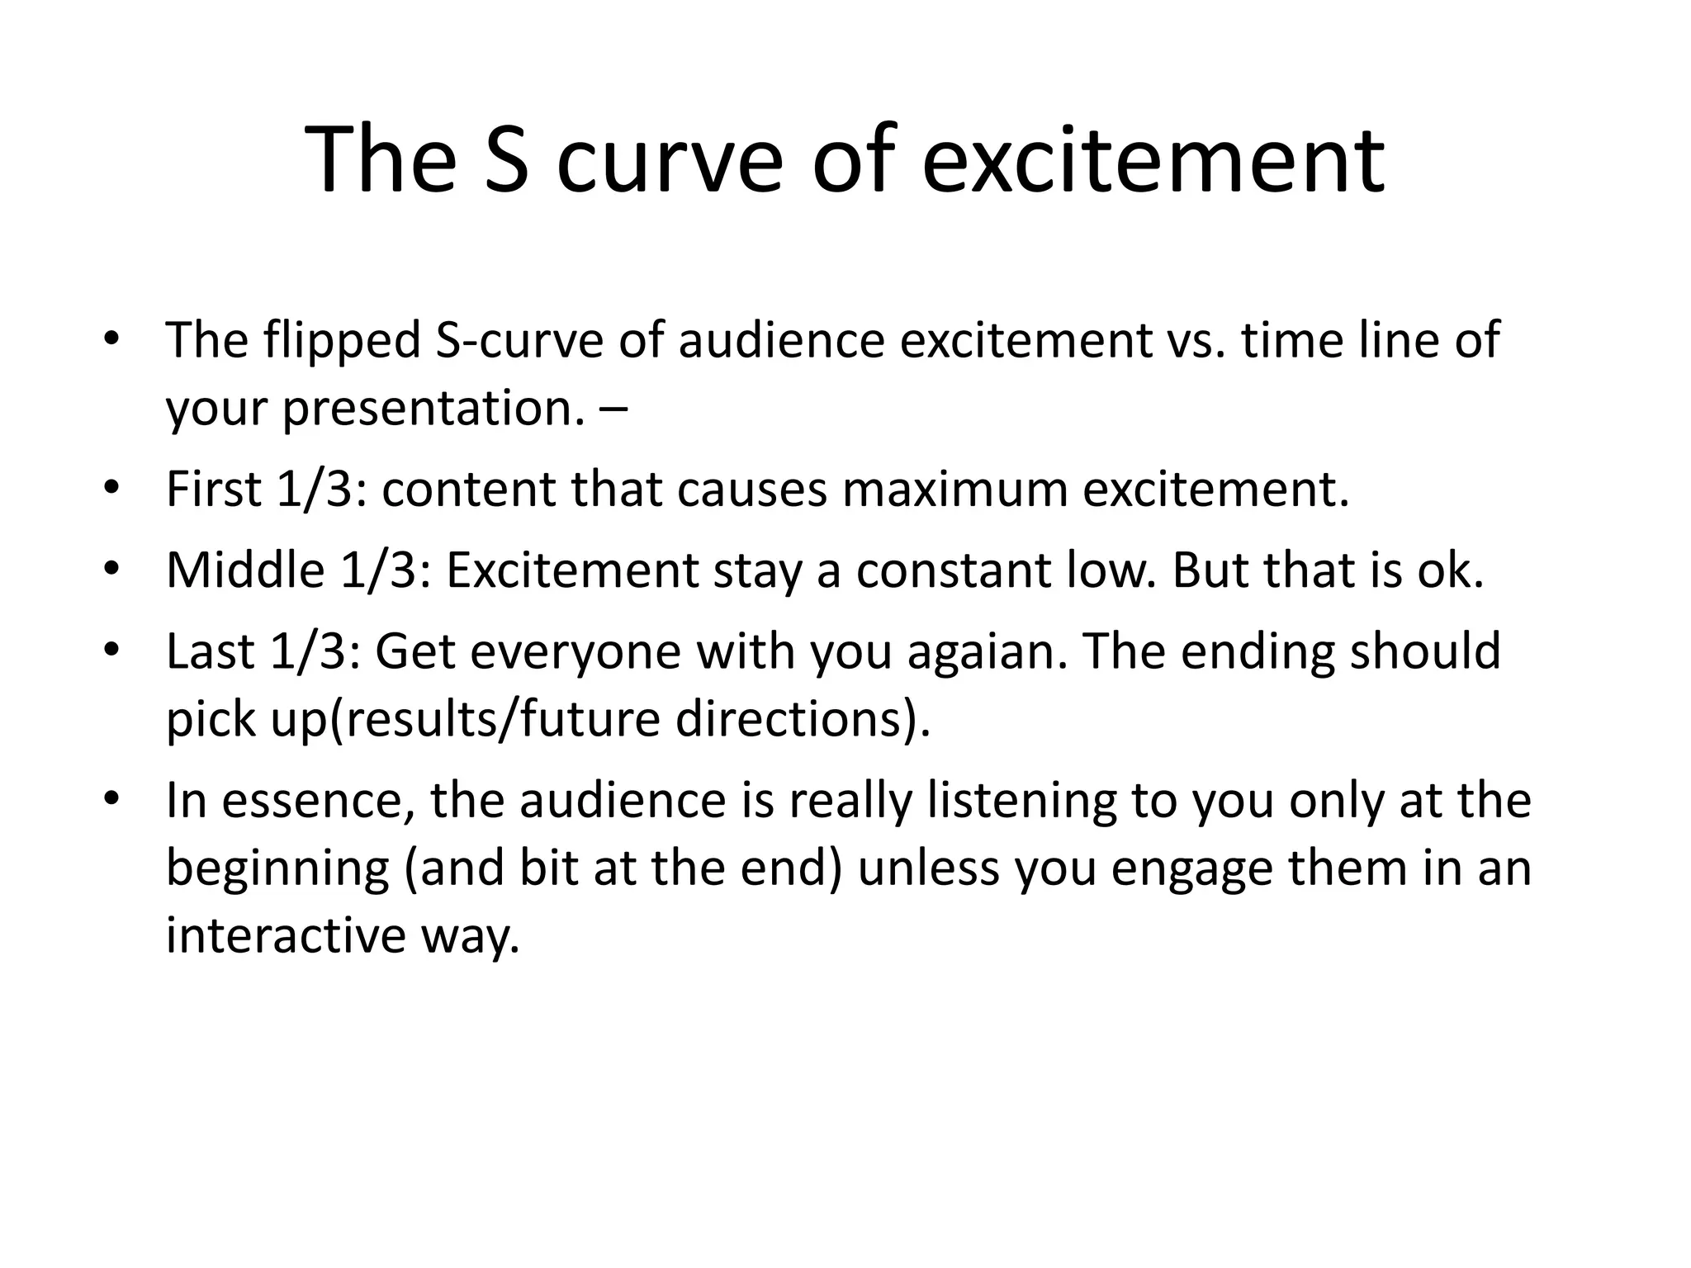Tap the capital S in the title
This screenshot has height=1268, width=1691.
coord(505,159)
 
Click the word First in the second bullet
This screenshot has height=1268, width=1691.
coord(214,489)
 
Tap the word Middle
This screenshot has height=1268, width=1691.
coord(245,570)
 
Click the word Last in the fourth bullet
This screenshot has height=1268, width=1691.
coord(210,651)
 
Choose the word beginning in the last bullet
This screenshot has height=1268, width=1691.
coord(277,868)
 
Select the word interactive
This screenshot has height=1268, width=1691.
coord(286,935)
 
